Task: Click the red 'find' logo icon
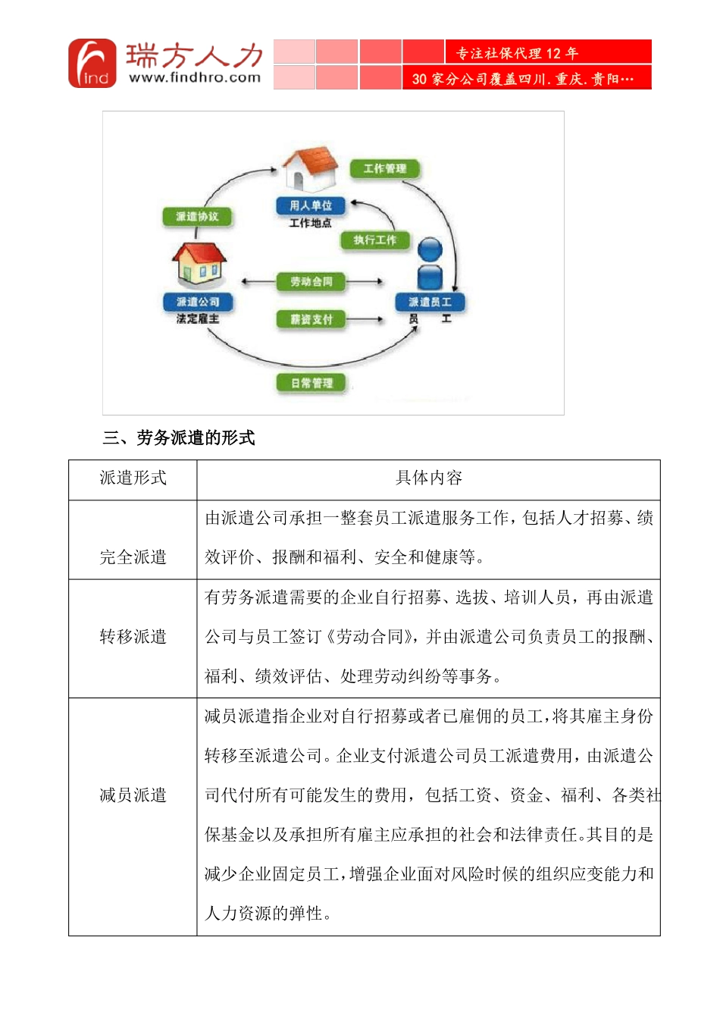coord(92,64)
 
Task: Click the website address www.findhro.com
coord(195,77)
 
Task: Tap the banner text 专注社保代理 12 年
coord(517,53)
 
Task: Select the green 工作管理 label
coord(385,168)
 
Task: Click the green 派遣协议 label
coord(197,217)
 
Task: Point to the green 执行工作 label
coord(375,240)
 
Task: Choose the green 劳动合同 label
coord(311,282)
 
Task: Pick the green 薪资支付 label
coord(311,320)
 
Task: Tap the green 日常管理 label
coord(312,384)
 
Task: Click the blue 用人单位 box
coord(311,205)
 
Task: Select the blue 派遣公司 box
coord(198,302)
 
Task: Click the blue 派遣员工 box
coord(430,302)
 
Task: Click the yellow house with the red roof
coord(199,262)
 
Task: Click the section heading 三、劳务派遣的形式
coord(179,438)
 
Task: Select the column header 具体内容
coord(428,478)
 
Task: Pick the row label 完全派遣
coord(133,557)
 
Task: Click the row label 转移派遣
coord(133,637)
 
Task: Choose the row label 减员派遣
coord(133,795)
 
